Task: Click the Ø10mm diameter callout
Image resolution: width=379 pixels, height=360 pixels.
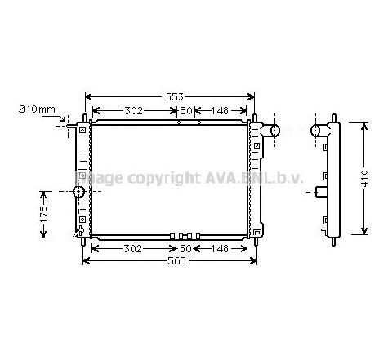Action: (x=38, y=110)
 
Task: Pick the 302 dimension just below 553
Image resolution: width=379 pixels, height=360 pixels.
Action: (x=133, y=111)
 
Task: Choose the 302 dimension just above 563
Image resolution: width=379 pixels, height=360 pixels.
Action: (x=133, y=248)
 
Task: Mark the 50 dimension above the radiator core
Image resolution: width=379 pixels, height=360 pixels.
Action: (x=187, y=111)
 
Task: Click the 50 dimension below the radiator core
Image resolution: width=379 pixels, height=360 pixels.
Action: (x=187, y=248)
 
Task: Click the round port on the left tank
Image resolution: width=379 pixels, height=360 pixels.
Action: (x=78, y=193)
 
